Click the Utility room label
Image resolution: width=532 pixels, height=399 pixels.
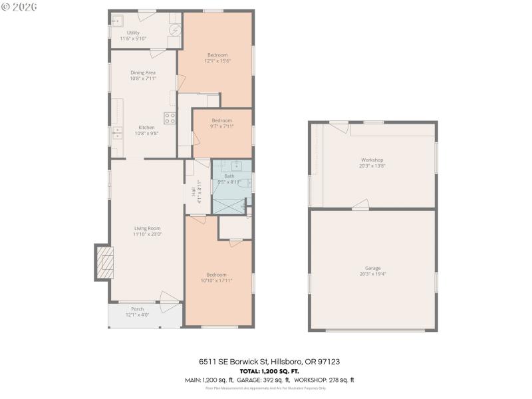[x=133, y=32]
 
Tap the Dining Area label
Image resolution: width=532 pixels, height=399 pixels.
[x=142, y=72]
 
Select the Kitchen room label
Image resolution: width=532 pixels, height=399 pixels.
[x=146, y=128]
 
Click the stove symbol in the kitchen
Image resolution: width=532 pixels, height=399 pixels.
[x=170, y=118]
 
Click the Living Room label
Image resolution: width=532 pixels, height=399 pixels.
[x=148, y=228]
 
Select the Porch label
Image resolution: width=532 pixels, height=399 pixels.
[x=138, y=309]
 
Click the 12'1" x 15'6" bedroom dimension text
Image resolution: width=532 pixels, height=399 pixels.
[x=217, y=61]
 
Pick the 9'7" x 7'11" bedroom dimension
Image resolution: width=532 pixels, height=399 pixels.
[x=221, y=126]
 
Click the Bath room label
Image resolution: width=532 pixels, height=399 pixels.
[x=229, y=176]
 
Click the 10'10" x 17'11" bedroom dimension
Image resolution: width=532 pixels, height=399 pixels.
[x=216, y=281]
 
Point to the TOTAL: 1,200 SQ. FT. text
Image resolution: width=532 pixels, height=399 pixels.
[x=269, y=370]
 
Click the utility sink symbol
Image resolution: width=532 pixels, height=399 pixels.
[x=117, y=20]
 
